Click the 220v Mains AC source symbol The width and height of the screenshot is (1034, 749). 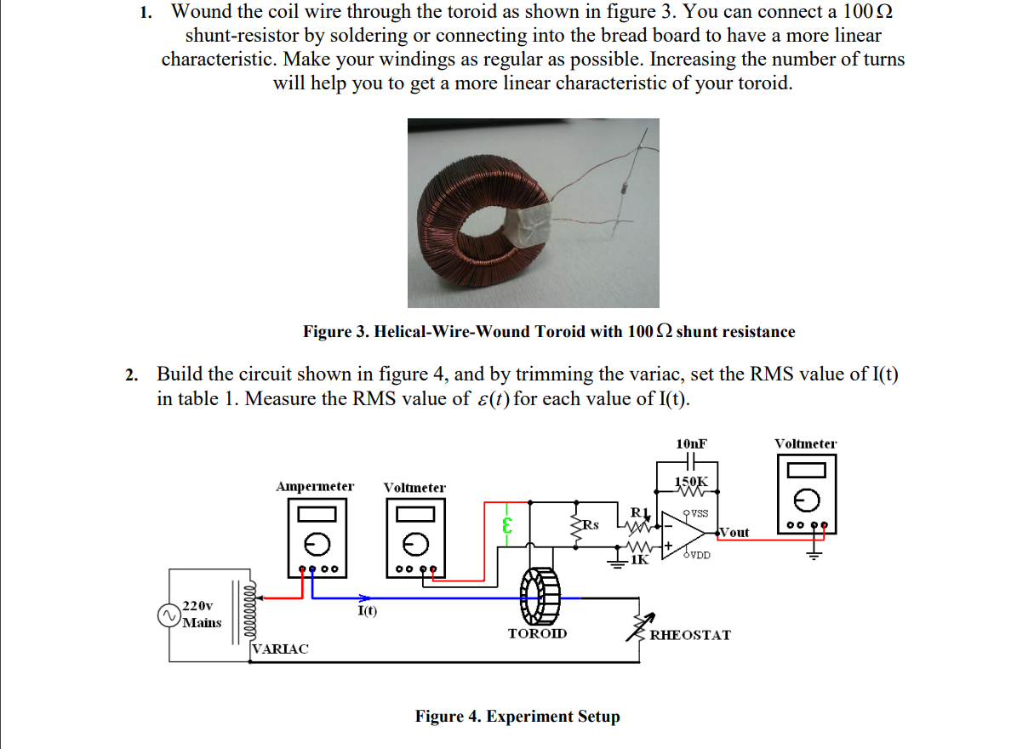click(170, 615)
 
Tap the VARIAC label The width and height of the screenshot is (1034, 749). click(281, 649)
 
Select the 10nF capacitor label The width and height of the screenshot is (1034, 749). click(691, 443)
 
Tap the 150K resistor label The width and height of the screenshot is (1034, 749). click(690, 482)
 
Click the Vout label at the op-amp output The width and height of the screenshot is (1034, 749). click(734, 533)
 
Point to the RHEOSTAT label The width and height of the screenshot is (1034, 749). click(690, 635)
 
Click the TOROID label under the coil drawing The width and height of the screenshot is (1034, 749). click(537, 634)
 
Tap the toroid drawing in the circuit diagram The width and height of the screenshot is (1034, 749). click(539, 597)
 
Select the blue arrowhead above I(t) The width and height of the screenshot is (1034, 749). click(364, 597)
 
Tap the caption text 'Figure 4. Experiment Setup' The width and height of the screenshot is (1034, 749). click(517, 717)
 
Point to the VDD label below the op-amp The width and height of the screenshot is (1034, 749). click(700, 555)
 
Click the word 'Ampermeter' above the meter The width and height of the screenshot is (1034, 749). click(315, 487)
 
